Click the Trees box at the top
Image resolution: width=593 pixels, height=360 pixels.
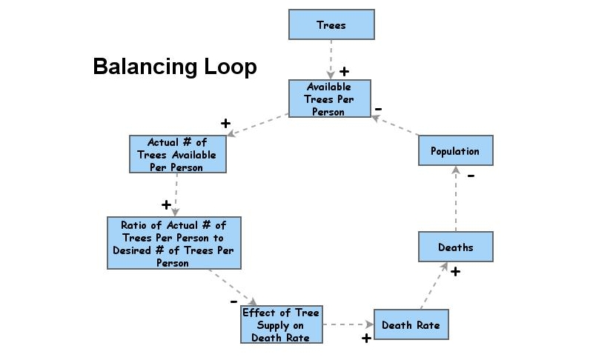pos(331,24)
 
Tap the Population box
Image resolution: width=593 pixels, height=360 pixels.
pos(454,150)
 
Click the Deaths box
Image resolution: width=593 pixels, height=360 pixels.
pos(455,247)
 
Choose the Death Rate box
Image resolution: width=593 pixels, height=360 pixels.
pos(411,324)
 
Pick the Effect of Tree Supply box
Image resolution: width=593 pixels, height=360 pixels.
pos(282,324)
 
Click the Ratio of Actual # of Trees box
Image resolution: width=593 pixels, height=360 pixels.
pos(173,243)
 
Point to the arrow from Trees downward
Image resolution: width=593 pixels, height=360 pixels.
pos(331,58)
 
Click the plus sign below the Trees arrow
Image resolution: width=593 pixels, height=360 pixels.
pos(344,72)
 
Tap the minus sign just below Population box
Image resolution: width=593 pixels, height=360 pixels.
pos(471,176)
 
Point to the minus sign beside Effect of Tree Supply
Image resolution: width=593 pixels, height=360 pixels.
pos(233,302)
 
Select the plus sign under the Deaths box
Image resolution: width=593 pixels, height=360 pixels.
pos(455,272)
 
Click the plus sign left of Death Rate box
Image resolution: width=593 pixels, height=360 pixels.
pos(365,339)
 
